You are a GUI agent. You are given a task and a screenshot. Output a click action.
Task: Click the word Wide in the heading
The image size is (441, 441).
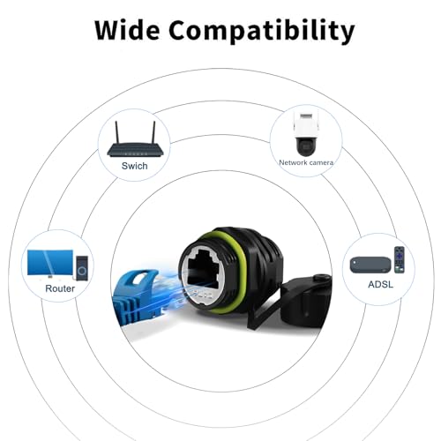point(127,30)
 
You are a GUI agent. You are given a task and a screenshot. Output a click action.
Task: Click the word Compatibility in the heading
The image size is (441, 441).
point(262,31)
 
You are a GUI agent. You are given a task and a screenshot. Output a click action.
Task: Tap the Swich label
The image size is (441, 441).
point(135,166)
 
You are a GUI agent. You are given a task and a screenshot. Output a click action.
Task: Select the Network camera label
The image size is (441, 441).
point(306,162)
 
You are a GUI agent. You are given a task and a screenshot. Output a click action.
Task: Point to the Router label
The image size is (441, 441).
point(60,288)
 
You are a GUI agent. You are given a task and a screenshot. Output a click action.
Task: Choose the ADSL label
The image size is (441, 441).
point(380,284)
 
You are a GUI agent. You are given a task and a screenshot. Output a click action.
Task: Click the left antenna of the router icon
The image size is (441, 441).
point(116,132)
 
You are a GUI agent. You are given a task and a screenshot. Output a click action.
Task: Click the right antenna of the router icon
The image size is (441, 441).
point(153,132)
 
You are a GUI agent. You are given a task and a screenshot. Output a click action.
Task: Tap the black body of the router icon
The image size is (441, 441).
point(135,150)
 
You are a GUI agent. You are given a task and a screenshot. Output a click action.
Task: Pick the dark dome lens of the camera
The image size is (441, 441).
point(306,146)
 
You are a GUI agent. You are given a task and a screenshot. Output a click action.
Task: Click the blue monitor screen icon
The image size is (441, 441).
point(50,263)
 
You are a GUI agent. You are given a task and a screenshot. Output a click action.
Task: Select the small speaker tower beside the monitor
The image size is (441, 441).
point(82,268)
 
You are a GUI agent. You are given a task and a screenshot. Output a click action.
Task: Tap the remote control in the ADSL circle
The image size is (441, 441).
point(400,259)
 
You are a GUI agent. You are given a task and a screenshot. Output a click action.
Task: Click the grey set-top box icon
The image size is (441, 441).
point(370,265)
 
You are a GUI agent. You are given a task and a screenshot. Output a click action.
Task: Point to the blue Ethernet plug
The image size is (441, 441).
point(138,297)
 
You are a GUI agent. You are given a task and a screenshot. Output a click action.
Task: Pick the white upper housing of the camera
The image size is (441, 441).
point(305,125)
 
